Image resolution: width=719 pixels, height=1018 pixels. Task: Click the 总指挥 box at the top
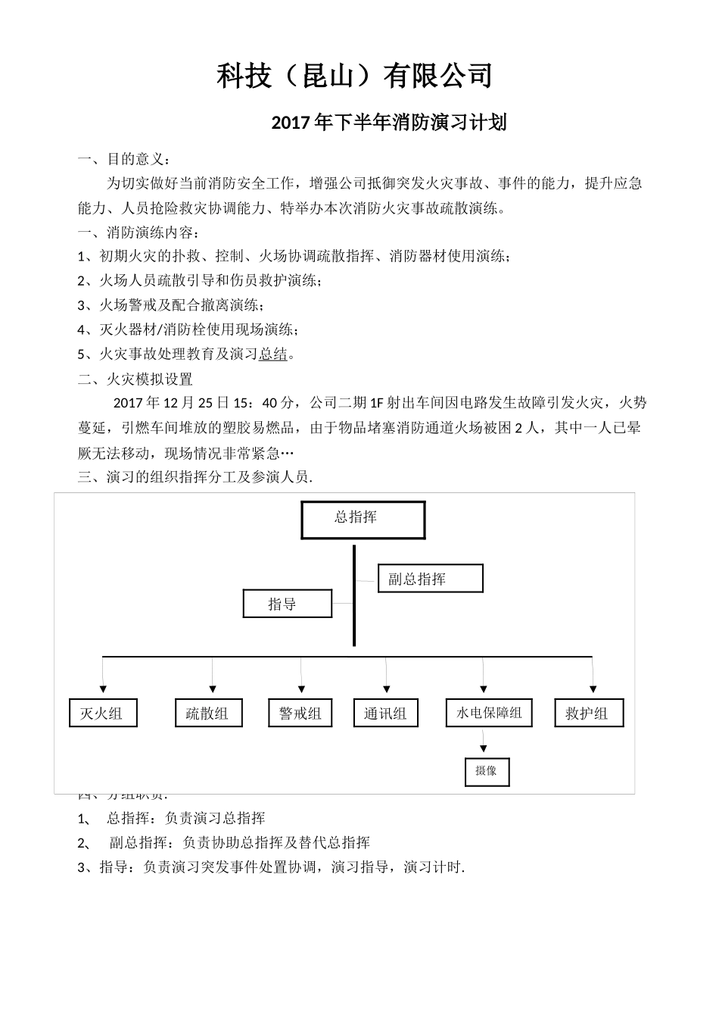click(x=363, y=520)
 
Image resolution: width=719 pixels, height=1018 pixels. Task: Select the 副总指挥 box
click(x=430, y=579)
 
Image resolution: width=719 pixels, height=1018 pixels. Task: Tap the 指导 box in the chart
click(x=288, y=604)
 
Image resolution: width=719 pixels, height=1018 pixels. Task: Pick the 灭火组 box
click(x=103, y=713)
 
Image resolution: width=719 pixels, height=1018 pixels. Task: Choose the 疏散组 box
click(x=209, y=713)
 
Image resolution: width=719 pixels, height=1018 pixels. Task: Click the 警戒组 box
click(x=300, y=713)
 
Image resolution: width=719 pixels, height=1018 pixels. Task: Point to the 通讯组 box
click(x=386, y=713)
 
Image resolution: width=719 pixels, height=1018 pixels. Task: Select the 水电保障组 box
click(x=489, y=713)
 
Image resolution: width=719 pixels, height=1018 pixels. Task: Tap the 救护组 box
click(x=589, y=713)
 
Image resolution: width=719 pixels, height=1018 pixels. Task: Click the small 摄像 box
click(x=487, y=771)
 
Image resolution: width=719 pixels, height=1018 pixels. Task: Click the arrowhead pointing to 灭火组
click(x=103, y=689)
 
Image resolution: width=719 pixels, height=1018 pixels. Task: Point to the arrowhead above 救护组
click(x=593, y=689)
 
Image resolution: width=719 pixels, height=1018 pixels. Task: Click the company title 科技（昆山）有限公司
click(x=356, y=76)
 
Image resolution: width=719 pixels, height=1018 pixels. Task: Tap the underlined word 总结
click(x=273, y=354)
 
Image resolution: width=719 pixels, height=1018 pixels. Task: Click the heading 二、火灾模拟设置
click(x=135, y=379)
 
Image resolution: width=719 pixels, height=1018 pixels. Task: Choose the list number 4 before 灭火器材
click(x=82, y=329)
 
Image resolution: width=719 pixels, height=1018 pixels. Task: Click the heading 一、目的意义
click(x=124, y=159)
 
